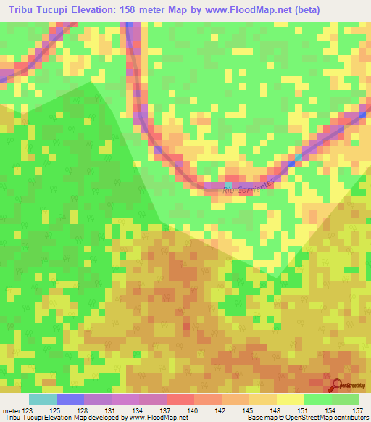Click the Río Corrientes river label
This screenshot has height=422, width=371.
point(250,186)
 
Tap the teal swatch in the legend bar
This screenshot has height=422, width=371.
point(43,400)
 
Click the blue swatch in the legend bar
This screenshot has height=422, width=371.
point(70,400)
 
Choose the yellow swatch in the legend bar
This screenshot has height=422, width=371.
point(290,400)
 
